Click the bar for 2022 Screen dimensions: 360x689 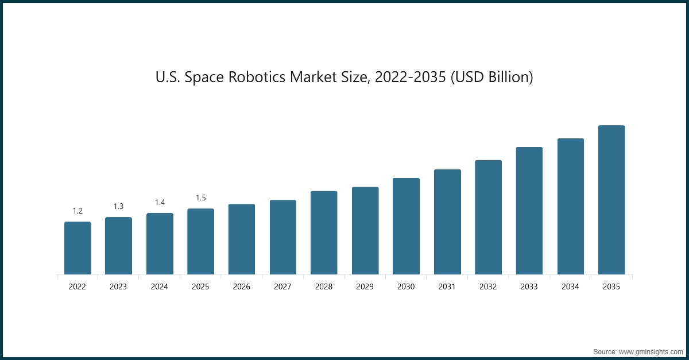coord(78,248)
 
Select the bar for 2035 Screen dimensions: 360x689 coord(611,200)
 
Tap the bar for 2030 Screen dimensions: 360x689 coord(406,226)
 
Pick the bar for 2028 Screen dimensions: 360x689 coord(324,233)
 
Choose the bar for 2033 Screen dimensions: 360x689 coord(529,211)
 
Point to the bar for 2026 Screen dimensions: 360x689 coord(242,239)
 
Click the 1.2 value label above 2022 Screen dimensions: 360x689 coord(78,211)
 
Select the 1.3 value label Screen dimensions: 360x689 coord(118,206)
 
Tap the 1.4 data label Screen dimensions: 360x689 coord(160,202)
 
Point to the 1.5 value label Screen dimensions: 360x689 coord(200,198)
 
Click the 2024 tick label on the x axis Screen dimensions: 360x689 coord(160,287)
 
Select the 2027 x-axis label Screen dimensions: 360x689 coord(282,287)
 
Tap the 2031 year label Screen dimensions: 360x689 coord(447,287)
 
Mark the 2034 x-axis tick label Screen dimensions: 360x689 coord(570,287)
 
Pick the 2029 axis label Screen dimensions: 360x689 coord(365,287)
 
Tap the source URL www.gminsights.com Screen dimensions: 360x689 coord(650,351)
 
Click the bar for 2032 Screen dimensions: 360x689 coord(488,217)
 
